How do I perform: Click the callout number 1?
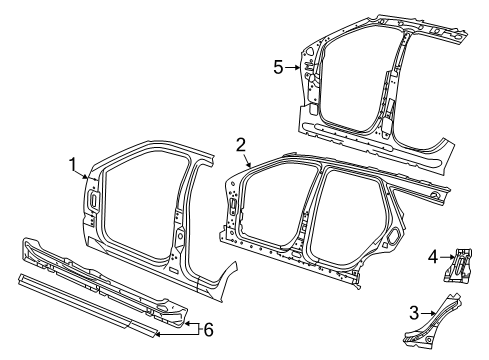point(72,164)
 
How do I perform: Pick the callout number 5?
point(279,67)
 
